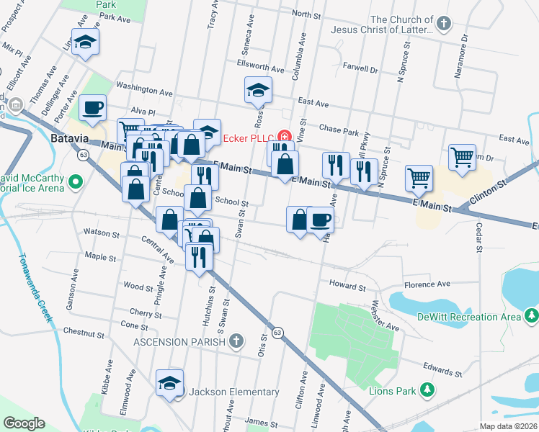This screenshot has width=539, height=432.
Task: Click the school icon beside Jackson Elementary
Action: click(x=170, y=382)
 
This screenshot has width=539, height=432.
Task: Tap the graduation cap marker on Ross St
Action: click(x=257, y=89)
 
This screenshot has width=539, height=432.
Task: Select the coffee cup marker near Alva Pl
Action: click(x=92, y=108)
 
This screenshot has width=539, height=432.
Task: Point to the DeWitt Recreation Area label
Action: click(x=477, y=317)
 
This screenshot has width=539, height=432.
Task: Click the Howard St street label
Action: click(x=348, y=287)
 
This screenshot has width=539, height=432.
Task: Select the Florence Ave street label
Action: click(x=427, y=285)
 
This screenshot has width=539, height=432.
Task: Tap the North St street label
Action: click(x=306, y=14)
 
